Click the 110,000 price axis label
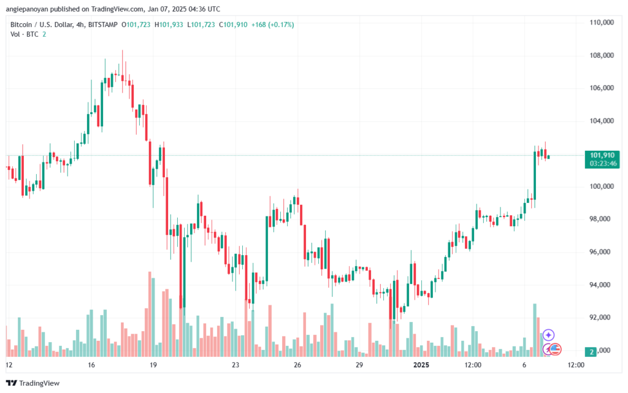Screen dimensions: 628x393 (602, 23)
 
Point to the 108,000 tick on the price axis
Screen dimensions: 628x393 (602, 55)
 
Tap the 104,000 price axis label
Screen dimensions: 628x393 (602, 121)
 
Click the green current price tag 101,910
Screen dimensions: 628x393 (602, 155)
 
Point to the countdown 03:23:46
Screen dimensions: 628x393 (603, 163)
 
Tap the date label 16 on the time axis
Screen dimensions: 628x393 (91, 365)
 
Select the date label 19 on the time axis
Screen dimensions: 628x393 (153, 365)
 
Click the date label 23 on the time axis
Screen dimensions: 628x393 (235, 365)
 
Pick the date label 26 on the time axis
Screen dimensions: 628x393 (297, 365)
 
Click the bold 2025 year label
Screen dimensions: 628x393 (421, 365)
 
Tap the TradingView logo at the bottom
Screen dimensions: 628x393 (33, 383)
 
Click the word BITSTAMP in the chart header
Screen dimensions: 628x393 (103, 25)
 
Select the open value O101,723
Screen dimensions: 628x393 (136, 25)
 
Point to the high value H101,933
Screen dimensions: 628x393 (169, 25)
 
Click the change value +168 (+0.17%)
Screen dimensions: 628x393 (272, 25)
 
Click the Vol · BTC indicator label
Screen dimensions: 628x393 (25, 34)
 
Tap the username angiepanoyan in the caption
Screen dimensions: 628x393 (27, 9)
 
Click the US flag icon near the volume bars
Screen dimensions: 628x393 (554, 349)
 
